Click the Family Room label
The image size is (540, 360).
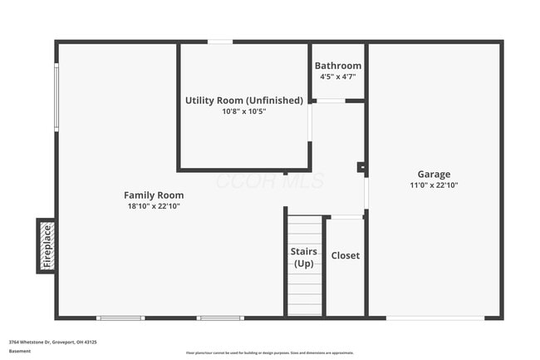154,195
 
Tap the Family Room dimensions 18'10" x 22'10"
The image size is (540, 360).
154,205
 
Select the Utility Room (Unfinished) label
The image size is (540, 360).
243,101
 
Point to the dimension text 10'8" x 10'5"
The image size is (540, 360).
243,111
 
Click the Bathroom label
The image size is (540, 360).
338,66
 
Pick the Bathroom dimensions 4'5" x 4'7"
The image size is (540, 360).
338,76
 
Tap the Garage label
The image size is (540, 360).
434,175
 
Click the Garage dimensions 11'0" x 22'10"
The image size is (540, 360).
434,185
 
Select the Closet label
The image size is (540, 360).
345,255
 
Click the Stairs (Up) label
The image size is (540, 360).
304,257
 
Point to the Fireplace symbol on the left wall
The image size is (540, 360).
47,245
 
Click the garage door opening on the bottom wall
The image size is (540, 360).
435,318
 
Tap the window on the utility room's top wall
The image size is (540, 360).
219,42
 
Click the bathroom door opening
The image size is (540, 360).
331,101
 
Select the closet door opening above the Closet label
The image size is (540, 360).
346,218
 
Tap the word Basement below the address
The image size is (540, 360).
20,351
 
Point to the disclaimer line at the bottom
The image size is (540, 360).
270,353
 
